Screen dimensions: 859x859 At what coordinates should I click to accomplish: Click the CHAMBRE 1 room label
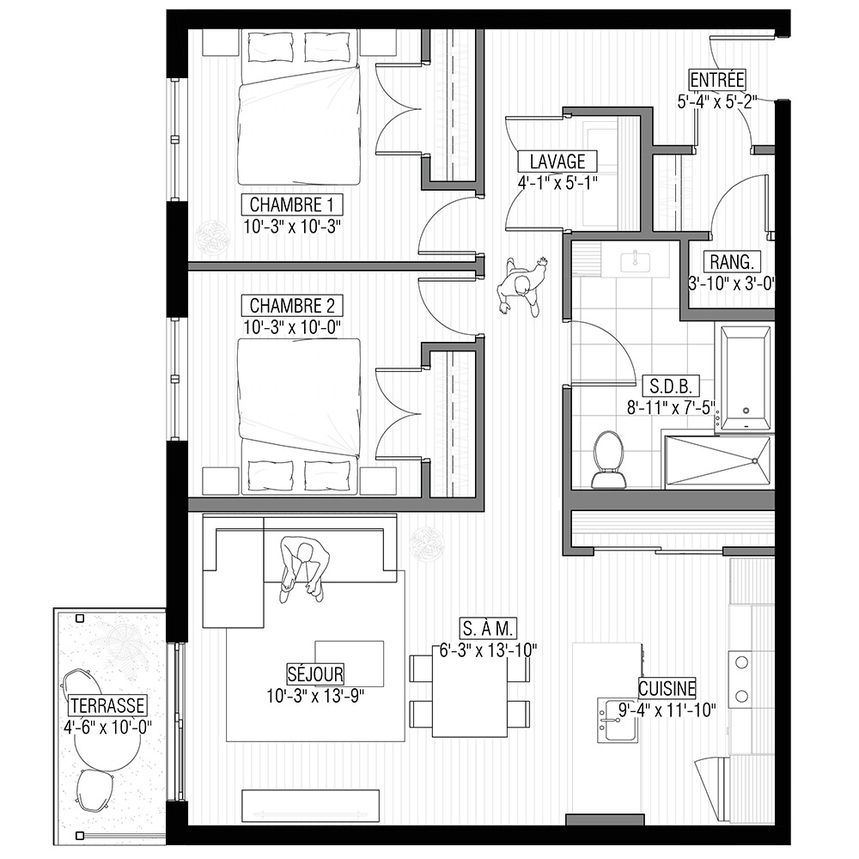(291, 205)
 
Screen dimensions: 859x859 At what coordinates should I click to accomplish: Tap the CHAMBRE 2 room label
(291, 305)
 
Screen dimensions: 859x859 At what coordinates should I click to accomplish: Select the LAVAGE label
(557, 161)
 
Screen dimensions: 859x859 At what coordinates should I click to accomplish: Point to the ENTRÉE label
(717, 80)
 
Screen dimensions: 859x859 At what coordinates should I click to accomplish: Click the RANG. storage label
(732, 262)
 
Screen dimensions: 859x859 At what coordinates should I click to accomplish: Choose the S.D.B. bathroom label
(671, 386)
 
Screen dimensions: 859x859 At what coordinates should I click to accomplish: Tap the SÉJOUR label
(315, 673)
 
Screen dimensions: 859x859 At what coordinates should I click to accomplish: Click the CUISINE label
(667, 688)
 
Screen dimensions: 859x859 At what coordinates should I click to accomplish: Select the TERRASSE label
(107, 705)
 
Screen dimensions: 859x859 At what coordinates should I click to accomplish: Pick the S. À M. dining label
(488, 629)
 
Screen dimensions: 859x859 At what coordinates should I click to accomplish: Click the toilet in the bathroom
(608, 460)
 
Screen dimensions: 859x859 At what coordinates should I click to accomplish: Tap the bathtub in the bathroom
(745, 378)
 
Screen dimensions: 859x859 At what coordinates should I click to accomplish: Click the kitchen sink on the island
(618, 721)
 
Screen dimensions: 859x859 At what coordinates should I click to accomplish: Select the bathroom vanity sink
(636, 261)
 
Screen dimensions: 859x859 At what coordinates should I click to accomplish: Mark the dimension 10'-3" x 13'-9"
(315, 696)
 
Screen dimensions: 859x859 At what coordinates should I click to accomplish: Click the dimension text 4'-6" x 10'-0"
(107, 728)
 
